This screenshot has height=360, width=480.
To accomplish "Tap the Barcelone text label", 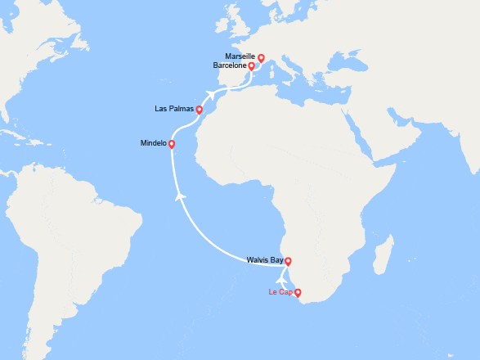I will point(230,65).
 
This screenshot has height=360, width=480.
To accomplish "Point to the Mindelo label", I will point(153,142).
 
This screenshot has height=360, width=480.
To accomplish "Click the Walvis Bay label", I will point(265,260).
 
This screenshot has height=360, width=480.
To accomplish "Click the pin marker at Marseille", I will point(261,58).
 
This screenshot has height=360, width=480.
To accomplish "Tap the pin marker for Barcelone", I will point(252,66).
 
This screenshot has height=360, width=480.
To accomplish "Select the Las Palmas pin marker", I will point(200,109).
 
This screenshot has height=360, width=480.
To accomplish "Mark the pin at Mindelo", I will point(172,144).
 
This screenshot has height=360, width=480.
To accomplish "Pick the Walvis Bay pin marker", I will point(288,262).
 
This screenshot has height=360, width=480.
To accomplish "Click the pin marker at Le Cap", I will point(298,292).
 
